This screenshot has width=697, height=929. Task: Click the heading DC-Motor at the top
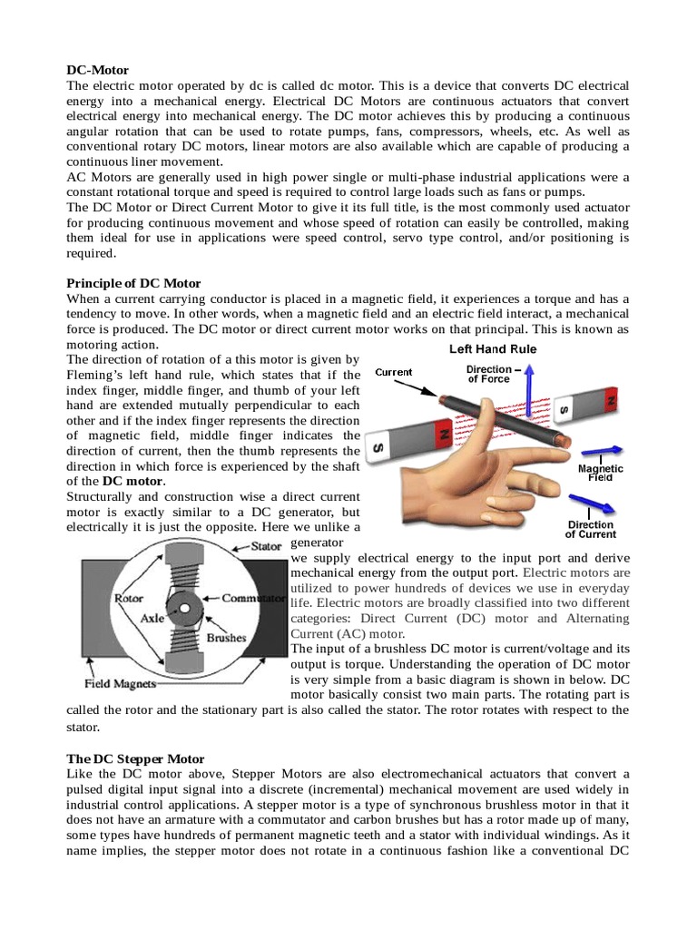click(x=98, y=70)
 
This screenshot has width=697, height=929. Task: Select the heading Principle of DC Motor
click(x=134, y=284)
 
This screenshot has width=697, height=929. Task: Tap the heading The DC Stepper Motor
click(x=136, y=758)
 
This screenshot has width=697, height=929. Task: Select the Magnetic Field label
click(x=601, y=473)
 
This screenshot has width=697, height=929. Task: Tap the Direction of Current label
click(x=590, y=530)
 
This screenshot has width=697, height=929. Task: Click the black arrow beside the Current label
click(x=427, y=392)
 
